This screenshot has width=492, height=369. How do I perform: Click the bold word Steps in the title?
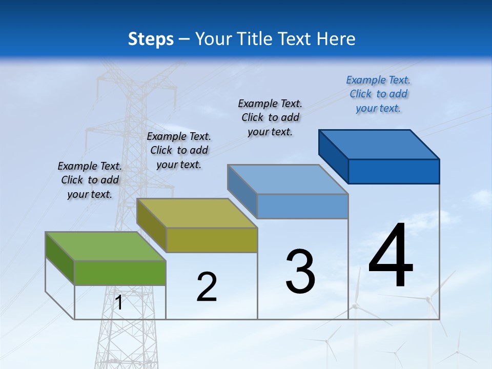(x=151, y=39)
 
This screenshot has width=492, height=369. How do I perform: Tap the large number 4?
(x=391, y=256)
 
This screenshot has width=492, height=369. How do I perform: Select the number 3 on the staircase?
(x=300, y=272)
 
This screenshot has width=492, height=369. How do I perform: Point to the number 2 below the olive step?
(x=207, y=287)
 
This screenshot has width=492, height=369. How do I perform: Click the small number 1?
(x=119, y=303)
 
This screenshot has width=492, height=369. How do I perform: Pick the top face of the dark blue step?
(x=379, y=144)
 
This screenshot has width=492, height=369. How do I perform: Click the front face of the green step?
(x=120, y=273)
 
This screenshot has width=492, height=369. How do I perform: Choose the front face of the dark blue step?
(x=394, y=171)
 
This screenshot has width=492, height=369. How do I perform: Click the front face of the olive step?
(x=212, y=240)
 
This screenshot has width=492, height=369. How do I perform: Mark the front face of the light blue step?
(x=302, y=206)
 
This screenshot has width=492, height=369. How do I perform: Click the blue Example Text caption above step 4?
(x=378, y=94)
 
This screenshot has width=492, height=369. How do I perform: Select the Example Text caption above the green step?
(x=90, y=180)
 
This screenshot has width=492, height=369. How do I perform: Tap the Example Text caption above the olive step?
(x=179, y=150)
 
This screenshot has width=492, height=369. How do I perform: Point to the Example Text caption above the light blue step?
(x=270, y=117)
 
